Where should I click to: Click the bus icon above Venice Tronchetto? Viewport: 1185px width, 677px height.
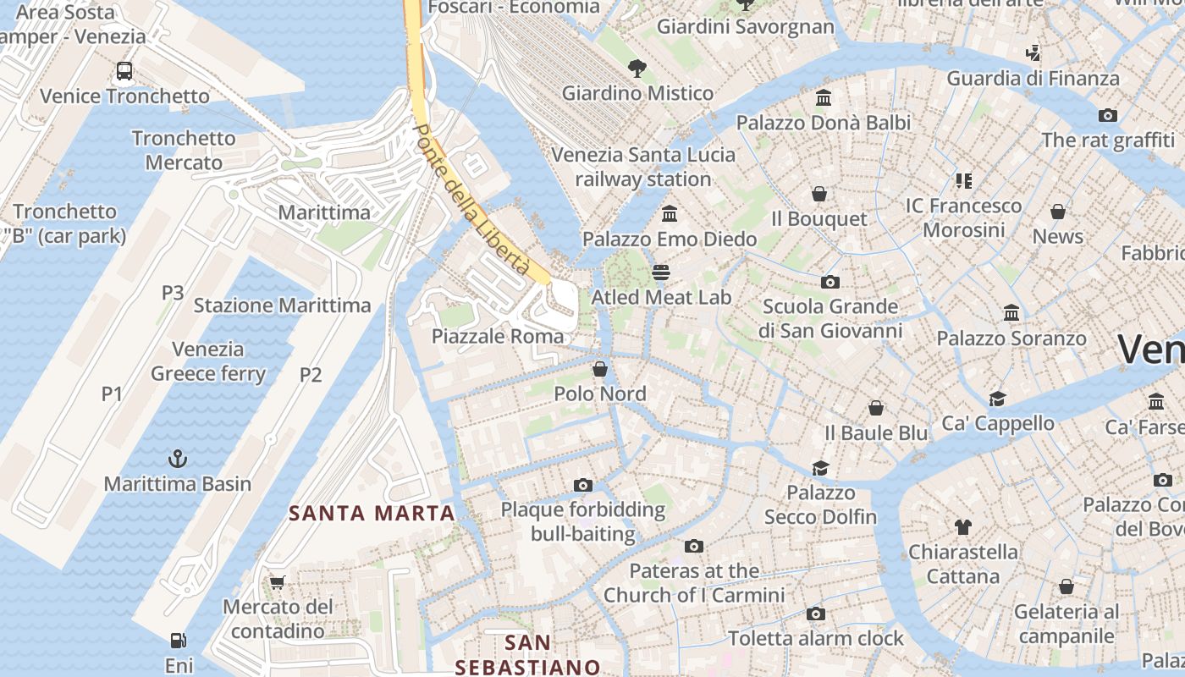pyautogui.click(x=124, y=71)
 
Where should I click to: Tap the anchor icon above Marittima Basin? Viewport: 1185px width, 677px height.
pyautogui.click(x=178, y=459)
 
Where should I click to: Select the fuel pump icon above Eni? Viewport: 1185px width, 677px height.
pyautogui.click(x=178, y=641)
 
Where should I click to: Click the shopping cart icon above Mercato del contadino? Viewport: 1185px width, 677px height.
pyautogui.click(x=277, y=582)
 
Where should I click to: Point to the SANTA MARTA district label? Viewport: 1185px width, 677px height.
pyautogui.click(x=372, y=513)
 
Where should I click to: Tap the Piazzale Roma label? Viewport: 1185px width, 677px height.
pyautogui.click(x=498, y=336)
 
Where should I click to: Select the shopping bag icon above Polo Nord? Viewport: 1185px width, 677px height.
pyautogui.click(x=600, y=369)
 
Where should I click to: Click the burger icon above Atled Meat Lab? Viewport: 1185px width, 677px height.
pyautogui.click(x=661, y=272)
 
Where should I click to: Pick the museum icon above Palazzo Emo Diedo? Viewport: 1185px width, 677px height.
pyautogui.click(x=670, y=213)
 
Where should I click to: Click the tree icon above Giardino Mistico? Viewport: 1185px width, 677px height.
pyautogui.click(x=637, y=68)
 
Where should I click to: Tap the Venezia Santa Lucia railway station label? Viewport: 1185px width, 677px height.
pyautogui.click(x=643, y=167)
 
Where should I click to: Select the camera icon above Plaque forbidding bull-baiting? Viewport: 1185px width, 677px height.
pyautogui.click(x=582, y=485)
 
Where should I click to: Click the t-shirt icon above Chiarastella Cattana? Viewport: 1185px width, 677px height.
pyautogui.click(x=962, y=527)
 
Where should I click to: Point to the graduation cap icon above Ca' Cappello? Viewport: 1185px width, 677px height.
pyautogui.click(x=998, y=399)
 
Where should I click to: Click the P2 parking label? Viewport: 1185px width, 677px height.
pyautogui.click(x=311, y=374)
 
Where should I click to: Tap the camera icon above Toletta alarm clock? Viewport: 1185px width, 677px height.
pyautogui.click(x=816, y=614)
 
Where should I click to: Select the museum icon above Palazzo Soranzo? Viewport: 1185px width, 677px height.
pyautogui.click(x=1011, y=313)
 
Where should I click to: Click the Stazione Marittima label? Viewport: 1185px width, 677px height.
pyautogui.click(x=282, y=305)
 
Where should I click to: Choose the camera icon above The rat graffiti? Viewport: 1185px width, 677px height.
pyautogui.click(x=1107, y=115)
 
